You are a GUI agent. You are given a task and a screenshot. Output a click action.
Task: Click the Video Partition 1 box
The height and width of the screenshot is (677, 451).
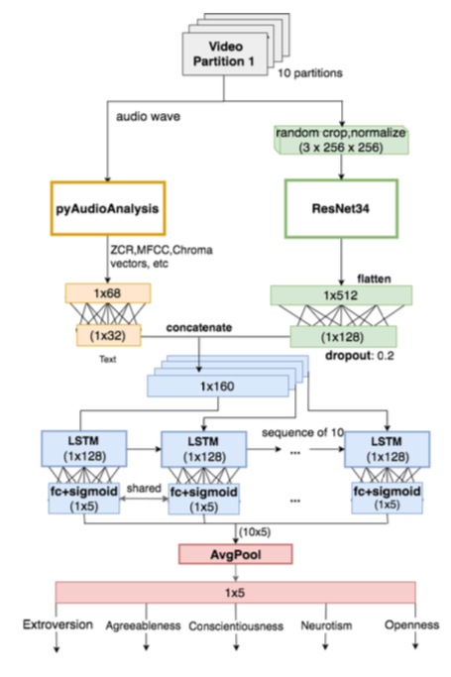[225, 55]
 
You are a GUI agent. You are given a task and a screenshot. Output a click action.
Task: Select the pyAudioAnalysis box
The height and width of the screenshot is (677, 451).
[108, 208]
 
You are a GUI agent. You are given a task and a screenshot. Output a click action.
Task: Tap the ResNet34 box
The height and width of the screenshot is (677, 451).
[341, 208]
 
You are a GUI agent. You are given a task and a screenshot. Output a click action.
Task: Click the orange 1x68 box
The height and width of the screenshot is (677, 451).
[108, 293]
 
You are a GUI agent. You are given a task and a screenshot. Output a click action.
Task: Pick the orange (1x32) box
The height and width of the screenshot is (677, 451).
[108, 335]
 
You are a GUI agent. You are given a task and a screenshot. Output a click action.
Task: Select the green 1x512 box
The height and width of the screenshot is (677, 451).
[341, 295]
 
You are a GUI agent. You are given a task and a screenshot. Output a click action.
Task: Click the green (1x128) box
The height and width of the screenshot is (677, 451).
[343, 337]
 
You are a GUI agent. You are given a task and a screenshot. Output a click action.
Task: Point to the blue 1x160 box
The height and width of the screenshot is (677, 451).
[217, 386]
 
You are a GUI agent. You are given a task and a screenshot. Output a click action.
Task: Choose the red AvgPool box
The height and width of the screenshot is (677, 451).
[236, 554]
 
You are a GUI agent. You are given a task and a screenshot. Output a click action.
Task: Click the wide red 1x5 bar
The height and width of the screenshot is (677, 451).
[235, 593]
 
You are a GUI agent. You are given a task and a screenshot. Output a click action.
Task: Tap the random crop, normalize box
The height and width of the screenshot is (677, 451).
[341, 140]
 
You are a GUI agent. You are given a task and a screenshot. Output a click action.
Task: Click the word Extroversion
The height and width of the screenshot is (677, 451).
[57, 624]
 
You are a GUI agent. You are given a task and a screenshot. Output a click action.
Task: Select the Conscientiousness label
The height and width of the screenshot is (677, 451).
[236, 626]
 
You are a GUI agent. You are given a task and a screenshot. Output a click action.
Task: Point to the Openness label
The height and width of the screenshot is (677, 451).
[411, 624]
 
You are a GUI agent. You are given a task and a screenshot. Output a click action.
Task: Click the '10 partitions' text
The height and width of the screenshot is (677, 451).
[310, 73]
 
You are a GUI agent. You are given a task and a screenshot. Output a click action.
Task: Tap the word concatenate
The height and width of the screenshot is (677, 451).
[199, 328]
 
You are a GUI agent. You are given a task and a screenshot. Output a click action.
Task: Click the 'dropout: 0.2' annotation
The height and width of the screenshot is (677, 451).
[360, 356]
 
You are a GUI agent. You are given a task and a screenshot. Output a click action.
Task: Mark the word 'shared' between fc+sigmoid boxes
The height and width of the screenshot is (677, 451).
[144, 488]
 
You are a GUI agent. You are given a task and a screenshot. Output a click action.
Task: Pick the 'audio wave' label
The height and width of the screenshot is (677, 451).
[148, 117]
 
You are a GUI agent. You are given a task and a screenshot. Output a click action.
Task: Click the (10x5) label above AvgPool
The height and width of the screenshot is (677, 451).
[255, 532]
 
